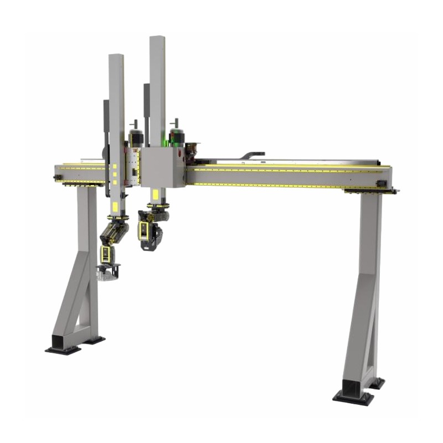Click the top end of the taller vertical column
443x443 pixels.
click(x=157, y=39)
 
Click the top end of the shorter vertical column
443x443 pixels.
click(x=116, y=56)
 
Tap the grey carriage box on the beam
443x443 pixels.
click(x=162, y=167)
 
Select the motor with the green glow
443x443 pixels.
click(x=177, y=135)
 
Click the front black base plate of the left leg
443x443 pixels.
click(x=63, y=350)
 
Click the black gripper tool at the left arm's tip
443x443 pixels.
click(x=109, y=271)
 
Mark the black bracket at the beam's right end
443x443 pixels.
click(x=380, y=183)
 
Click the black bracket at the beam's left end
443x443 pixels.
click(x=58, y=177)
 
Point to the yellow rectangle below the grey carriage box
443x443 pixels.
click(x=156, y=194)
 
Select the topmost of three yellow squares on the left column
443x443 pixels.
click(x=115, y=166)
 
